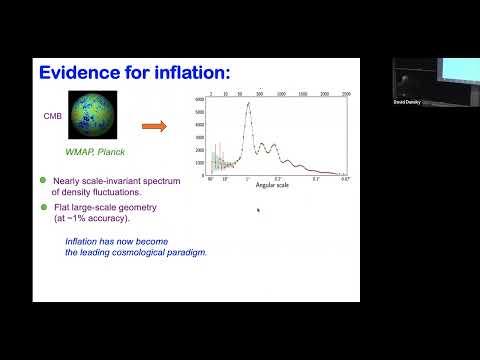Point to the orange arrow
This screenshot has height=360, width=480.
click(153, 126)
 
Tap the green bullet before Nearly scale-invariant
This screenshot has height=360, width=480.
click(43, 179)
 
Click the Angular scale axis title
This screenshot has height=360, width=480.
click(275, 185)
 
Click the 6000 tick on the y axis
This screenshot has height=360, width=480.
click(200, 99)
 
